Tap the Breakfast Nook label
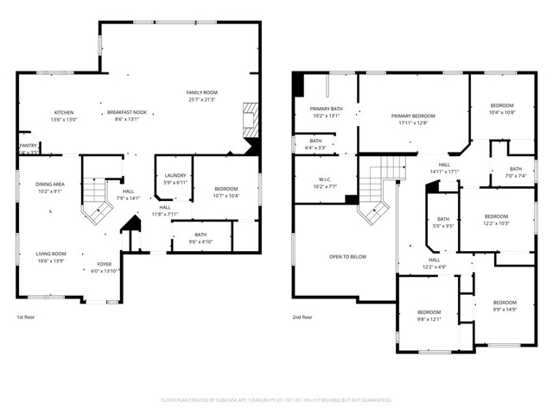[x=125, y=113]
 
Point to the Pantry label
[x=28, y=146]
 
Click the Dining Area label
[x=49, y=184]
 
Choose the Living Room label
[x=51, y=254]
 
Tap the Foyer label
[x=104, y=264]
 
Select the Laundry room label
[x=175, y=176]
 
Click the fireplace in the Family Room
[x=250, y=118]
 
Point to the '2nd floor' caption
[x=302, y=317]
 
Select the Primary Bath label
[x=327, y=109]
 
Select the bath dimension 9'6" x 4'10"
[x=200, y=241]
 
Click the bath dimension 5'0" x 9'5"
[x=443, y=226]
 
